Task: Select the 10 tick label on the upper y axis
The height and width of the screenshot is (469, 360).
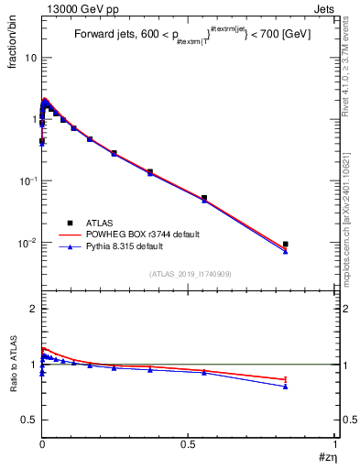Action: pos(29,57)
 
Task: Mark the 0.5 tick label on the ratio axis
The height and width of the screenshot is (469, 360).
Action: pos(29,420)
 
